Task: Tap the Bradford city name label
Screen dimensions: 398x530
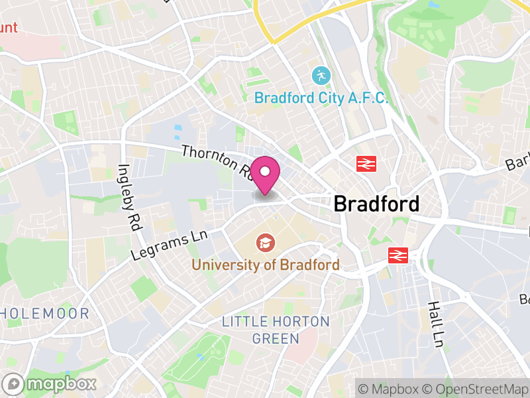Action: point(376,204)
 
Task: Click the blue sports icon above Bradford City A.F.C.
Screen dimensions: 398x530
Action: point(321,75)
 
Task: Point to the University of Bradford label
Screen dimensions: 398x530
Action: point(266,265)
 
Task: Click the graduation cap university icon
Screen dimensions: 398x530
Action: point(266,243)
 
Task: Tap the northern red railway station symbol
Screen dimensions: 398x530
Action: point(365,163)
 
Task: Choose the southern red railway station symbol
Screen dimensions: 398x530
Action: point(397,255)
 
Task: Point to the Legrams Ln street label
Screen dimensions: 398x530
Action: point(170,245)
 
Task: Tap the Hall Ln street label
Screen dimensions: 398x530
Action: point(435,324)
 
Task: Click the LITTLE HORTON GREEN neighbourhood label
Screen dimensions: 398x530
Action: point(275,329)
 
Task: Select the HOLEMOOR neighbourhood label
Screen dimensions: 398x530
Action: point(44,313)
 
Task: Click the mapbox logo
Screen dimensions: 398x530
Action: point(50,383)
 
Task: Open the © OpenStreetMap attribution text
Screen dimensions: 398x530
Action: point(476,388)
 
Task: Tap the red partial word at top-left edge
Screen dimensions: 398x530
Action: point(9,28)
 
